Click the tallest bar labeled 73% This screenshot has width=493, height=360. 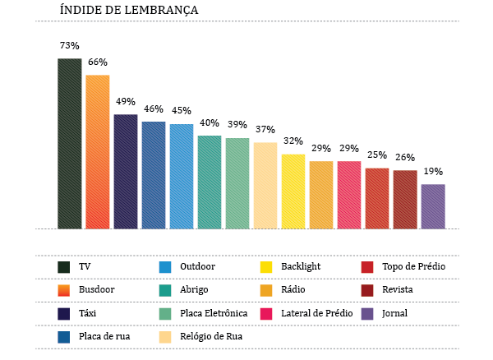(x=69, y=144)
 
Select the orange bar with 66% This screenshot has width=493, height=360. (x=97, y=152)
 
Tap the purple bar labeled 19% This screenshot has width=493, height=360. (x=433, y=206)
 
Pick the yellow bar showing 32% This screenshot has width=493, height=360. (x=293, y=192)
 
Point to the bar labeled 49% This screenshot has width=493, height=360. (x=125, y=172)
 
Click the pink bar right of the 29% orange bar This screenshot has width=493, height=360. (x=349, y=195)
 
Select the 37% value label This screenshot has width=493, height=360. (x=265, y=130)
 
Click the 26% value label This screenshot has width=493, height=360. (x=405, y=158)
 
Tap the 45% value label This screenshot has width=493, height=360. (x=182, y=111)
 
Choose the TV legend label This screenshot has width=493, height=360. (x=85, y=266)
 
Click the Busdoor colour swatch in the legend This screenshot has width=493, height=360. (x=63, y=289)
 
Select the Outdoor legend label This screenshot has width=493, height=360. (x=197, y=266)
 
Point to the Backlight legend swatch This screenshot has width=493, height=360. (x=265, y=266)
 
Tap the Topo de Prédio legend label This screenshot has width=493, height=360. (x=413, y=266)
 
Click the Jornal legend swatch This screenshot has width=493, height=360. (x=367, y=313)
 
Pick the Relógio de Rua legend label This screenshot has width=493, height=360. (x=211, y=336)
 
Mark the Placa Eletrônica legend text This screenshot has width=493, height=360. (x=214, y=313)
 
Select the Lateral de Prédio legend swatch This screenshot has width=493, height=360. (x=265, y=313)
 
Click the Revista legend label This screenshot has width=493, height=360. (x=398, y=289)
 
